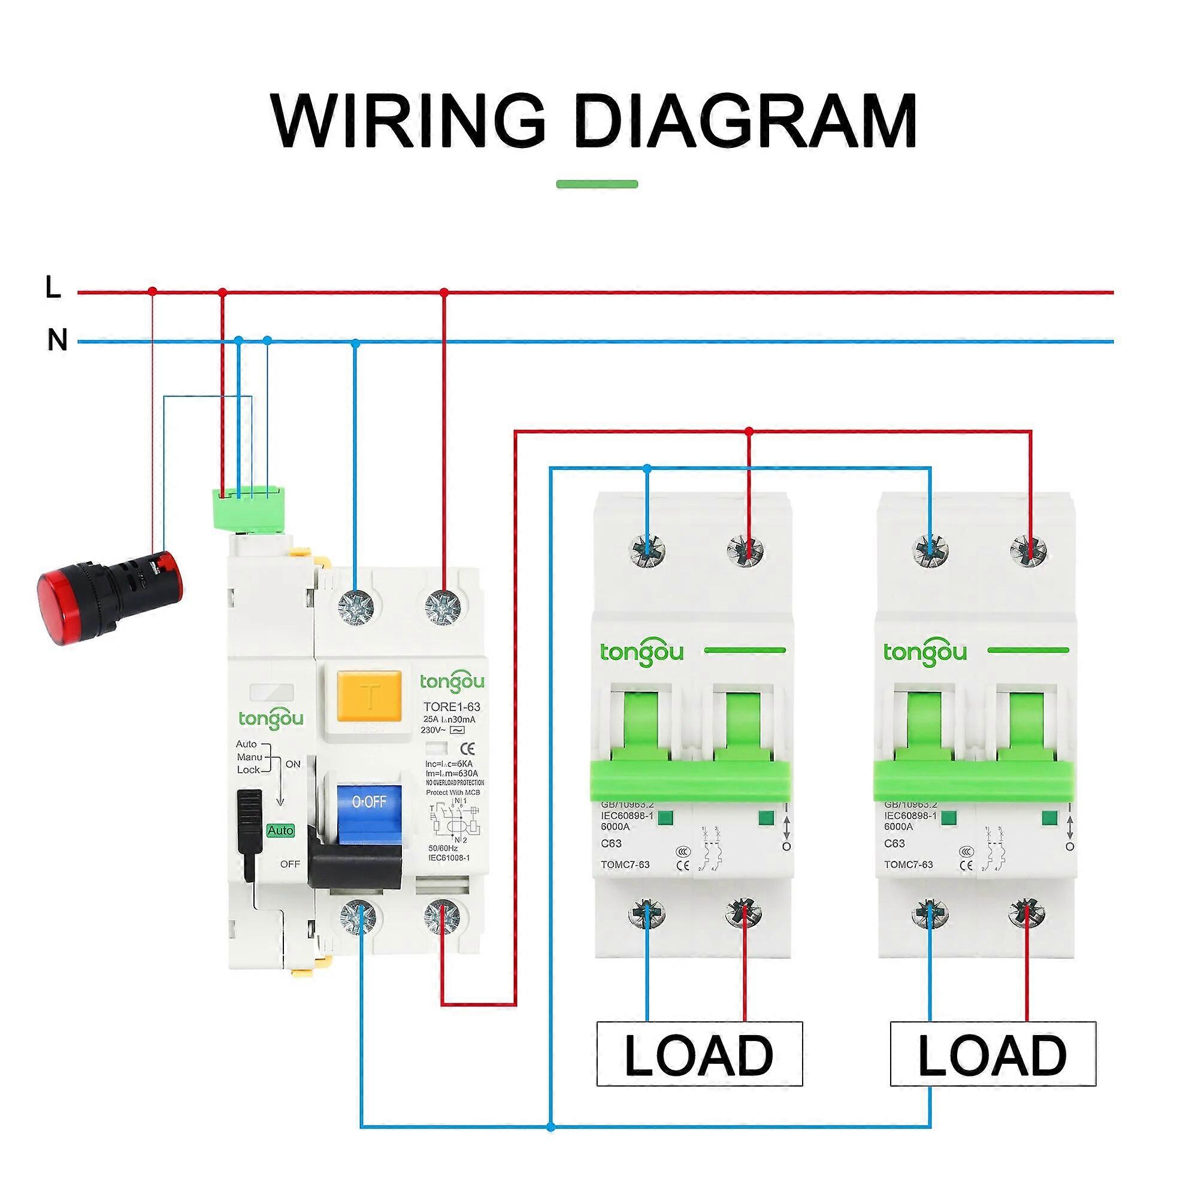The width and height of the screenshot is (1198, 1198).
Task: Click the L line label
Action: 54,287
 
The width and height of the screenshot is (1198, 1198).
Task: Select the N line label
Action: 57,340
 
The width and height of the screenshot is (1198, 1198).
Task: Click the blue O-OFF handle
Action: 369,803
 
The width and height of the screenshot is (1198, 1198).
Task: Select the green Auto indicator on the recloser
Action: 280,830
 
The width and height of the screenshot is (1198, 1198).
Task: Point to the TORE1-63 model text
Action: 452,706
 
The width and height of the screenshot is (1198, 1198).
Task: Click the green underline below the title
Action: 597,183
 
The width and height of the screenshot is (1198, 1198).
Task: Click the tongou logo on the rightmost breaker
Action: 924,653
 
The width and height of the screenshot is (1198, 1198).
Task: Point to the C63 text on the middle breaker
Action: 612,843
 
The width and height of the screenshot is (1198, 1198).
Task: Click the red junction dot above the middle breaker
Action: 748,430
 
